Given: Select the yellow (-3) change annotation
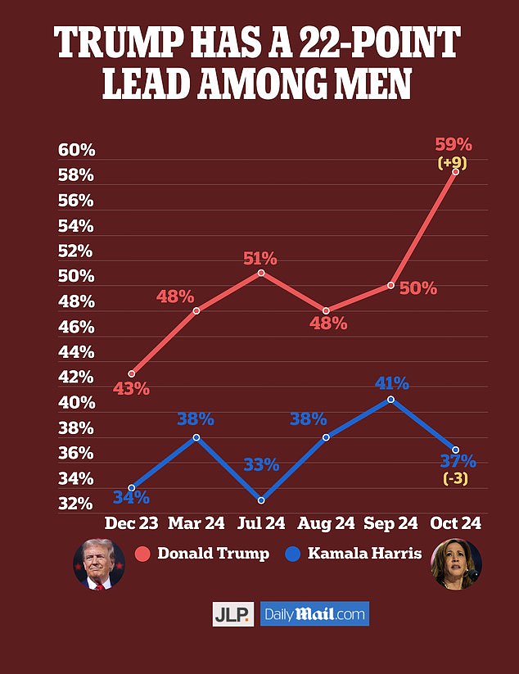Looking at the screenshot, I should tap(455, 479).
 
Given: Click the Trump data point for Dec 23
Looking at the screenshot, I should tap(132, 373).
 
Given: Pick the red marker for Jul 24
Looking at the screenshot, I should tap(260, 272).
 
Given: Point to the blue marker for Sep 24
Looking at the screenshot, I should tap(391, 399).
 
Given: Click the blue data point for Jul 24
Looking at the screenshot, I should tap(260, 500).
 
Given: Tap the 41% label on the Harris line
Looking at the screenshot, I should tap(391, 382).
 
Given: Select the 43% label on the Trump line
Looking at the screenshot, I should tap(132, 390).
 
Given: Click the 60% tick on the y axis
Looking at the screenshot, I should tap(77, 151).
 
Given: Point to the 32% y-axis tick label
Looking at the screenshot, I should tap(77, 504).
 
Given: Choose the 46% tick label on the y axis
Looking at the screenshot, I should tap(77, 328).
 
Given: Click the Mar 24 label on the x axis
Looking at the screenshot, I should tap(196, 523).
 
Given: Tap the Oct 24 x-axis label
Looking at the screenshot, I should tap(455, 523).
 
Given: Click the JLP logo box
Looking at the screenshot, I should tap(233, 614).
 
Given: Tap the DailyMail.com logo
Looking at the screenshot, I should tap(314, 614).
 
